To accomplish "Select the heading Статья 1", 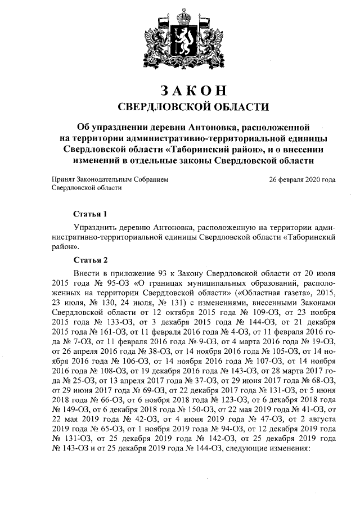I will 90,214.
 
